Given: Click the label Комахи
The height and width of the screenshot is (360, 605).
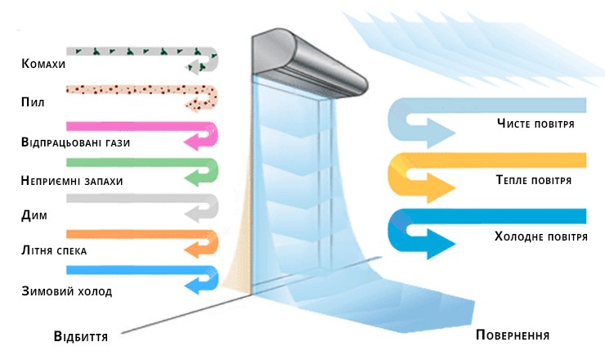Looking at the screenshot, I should point(44,64).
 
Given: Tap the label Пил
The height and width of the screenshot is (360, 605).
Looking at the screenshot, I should point(34,103).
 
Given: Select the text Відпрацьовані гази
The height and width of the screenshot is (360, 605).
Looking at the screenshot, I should point(77,143).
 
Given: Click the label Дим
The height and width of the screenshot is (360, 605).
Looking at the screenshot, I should point(34,216).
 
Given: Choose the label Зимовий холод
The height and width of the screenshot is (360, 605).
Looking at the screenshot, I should point(68,290).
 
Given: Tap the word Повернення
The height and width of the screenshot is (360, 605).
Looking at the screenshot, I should point(512,337).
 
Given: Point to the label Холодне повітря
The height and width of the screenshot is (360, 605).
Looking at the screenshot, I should point(541,236).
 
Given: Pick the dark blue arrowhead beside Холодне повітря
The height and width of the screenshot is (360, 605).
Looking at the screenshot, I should point(442,243).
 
